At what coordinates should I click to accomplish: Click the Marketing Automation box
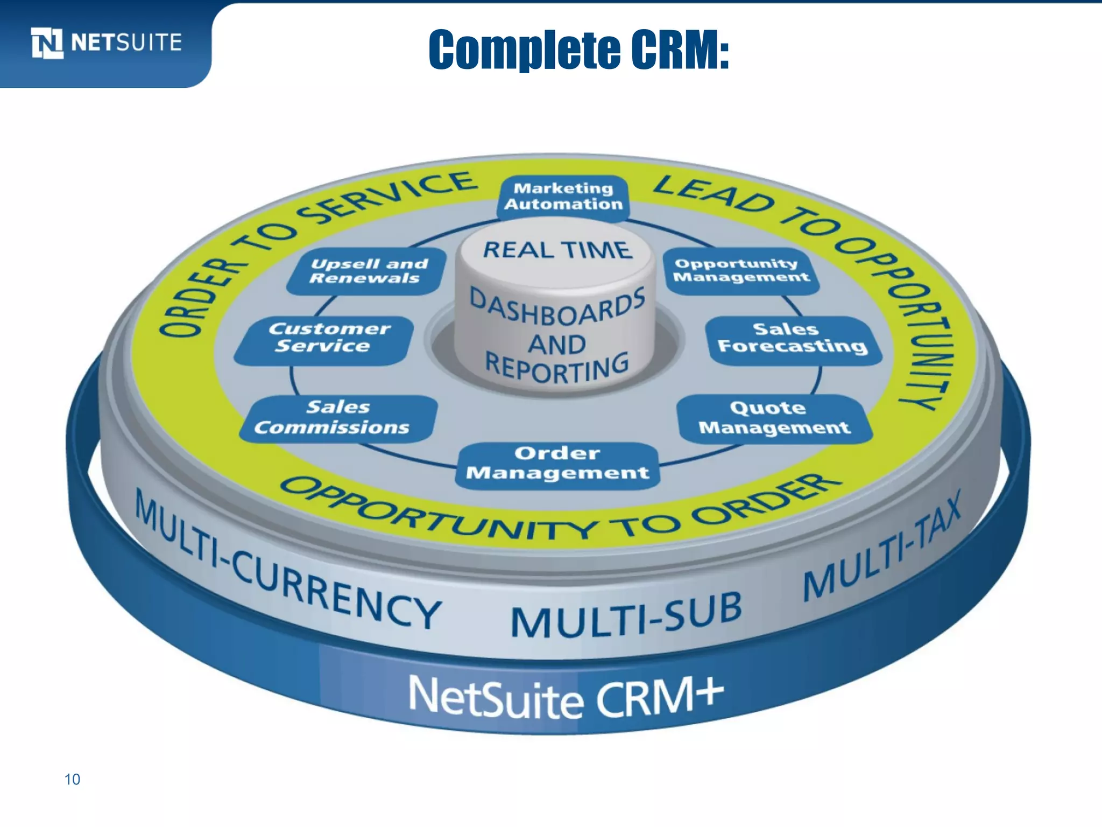pyautogui.click(x=563, y=197)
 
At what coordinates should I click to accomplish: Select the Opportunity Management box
pyautogui.click(x=741, y=271)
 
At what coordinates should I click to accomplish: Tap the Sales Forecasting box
pyautogui.click(x=793, y=339)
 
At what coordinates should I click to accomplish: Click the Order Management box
pyautogui.click(x=558, y=464)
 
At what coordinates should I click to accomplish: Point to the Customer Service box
pyautogui.click(x=324, y=339)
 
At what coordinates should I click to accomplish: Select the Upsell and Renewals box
pyautogui.click(x=368, y=271)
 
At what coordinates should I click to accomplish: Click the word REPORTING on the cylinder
pyautogui.click(x=557, y=368)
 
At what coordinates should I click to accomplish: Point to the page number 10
pyautogui.click(x=72, y=779)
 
